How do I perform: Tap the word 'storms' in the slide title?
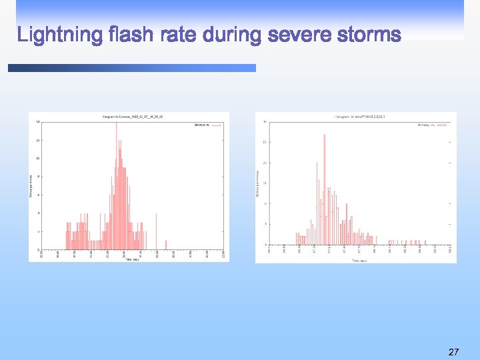(369, 34)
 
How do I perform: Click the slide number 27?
(453, 351)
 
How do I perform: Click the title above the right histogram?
(359, 117)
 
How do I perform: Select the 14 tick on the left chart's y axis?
(37, 122)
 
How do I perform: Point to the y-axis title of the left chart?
(31, 185)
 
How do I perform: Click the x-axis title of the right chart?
(359, 261)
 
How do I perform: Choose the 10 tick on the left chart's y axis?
(37, 159)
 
